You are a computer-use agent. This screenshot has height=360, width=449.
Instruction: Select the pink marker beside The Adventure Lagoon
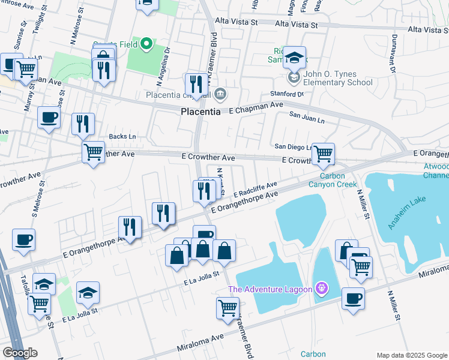click(x=322, y=289)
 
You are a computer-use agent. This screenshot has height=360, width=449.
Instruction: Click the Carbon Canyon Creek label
click(x=333, y=180)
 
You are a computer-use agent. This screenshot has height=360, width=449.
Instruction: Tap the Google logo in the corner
click(x=20, y=353)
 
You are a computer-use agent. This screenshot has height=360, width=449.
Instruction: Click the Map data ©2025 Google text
click(x=412, y=355)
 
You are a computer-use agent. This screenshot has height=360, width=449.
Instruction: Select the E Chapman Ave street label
click(x=255, y=104)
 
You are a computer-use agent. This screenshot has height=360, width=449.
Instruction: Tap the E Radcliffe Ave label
click(x=255, y=190)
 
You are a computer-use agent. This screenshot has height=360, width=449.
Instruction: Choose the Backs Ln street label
click(x=122, y=137)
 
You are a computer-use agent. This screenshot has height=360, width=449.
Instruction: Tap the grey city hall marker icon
click(x=220, y=94)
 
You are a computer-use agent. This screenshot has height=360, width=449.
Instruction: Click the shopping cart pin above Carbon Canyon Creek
click(x=323, y=154)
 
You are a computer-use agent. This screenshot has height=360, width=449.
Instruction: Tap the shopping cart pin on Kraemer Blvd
click(x=228, y=308)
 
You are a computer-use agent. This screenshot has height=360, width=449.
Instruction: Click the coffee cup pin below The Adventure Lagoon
click(x=353, y=298)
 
